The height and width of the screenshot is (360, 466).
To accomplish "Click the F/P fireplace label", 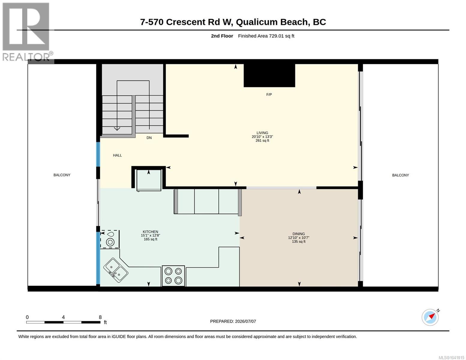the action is coord(269,94).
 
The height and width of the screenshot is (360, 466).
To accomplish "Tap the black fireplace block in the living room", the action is coord(269,75).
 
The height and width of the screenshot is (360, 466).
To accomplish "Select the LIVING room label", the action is coord(262,133).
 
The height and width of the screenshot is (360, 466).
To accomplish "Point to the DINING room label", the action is coord(299,234).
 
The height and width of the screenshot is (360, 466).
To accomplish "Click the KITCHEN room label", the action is coord(150,232).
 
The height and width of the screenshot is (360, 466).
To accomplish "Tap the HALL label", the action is coord(117,155).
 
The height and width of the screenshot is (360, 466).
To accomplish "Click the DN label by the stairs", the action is coord(149,138).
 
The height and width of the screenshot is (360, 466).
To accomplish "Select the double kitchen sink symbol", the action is coord(116,271).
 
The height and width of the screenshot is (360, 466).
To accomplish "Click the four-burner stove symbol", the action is coord(173,276).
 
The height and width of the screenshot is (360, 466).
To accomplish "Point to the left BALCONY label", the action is coord(62,175).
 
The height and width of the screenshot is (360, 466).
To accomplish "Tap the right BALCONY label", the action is coord(400,175).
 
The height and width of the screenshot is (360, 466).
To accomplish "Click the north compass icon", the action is coord(430,317).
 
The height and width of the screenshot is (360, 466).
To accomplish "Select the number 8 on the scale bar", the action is coord(100,317).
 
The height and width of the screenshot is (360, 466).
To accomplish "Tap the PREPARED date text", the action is coord(233,321).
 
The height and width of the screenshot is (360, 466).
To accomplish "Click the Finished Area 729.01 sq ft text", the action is coord(266,36).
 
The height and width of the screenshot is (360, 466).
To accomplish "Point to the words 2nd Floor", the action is coord(222,36).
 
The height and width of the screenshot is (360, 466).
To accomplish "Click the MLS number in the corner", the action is coord(451,357).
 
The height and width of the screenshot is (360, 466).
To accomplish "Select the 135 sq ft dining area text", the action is coord(299,241).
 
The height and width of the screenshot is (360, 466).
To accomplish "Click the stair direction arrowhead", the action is coord(117,129).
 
